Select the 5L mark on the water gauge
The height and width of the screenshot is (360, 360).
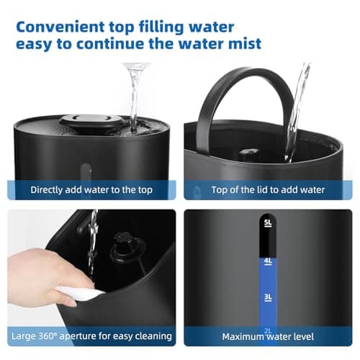click(x=268, y=223)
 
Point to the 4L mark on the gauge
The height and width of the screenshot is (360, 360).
click(x=268, y=261)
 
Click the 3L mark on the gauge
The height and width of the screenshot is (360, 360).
click(x=268, y=296)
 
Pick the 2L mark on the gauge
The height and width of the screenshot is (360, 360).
click(x=268, y=330)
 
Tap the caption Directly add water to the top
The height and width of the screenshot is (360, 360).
click(x=91, y=190)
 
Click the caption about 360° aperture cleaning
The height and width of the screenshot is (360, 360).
click(x=91, y=336)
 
